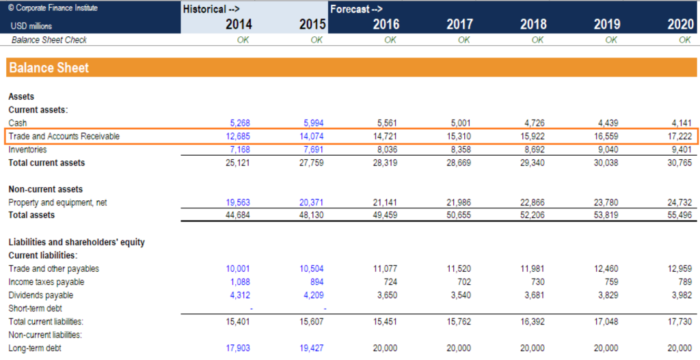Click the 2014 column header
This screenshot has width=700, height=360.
tap(239, 25)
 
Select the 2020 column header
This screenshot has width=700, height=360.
tap(680, 25)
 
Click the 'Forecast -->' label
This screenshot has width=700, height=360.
tap(356, 9)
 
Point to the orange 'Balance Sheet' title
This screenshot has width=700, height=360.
tap(49, 68)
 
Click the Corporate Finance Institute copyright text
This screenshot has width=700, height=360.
tap(53, 8)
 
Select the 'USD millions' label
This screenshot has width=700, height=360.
tap(31, 26)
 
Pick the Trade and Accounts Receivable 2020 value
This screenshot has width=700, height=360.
tap(681, 137)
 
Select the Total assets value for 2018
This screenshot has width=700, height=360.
tap(533, 215)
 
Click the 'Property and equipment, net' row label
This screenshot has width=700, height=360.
tap(57, 202)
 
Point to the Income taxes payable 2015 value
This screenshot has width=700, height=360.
tap(316, 281)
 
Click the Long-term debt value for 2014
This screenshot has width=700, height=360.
tap(238, 348)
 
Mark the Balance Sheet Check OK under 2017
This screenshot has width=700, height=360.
tap(463, 40)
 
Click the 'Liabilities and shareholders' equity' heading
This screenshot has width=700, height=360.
tap(77, 242)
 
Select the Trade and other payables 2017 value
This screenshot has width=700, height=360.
tap(460, 268)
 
